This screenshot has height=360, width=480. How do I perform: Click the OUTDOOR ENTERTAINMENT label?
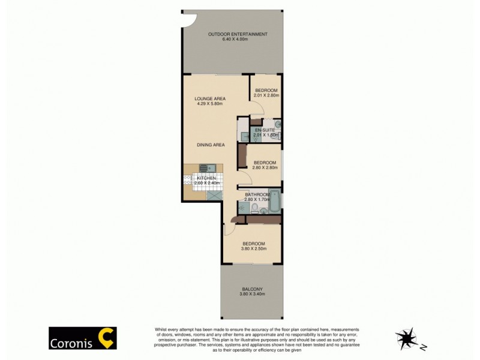point(238,34)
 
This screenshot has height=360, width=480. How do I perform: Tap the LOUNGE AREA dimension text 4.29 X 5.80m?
point(209,104)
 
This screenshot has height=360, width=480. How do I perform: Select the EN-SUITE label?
point(265,130)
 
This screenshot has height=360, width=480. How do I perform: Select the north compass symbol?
point(406,338)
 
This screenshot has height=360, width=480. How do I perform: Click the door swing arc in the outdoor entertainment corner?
point(189,20)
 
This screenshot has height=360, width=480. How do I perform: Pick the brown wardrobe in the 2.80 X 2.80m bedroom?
point(241,157)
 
